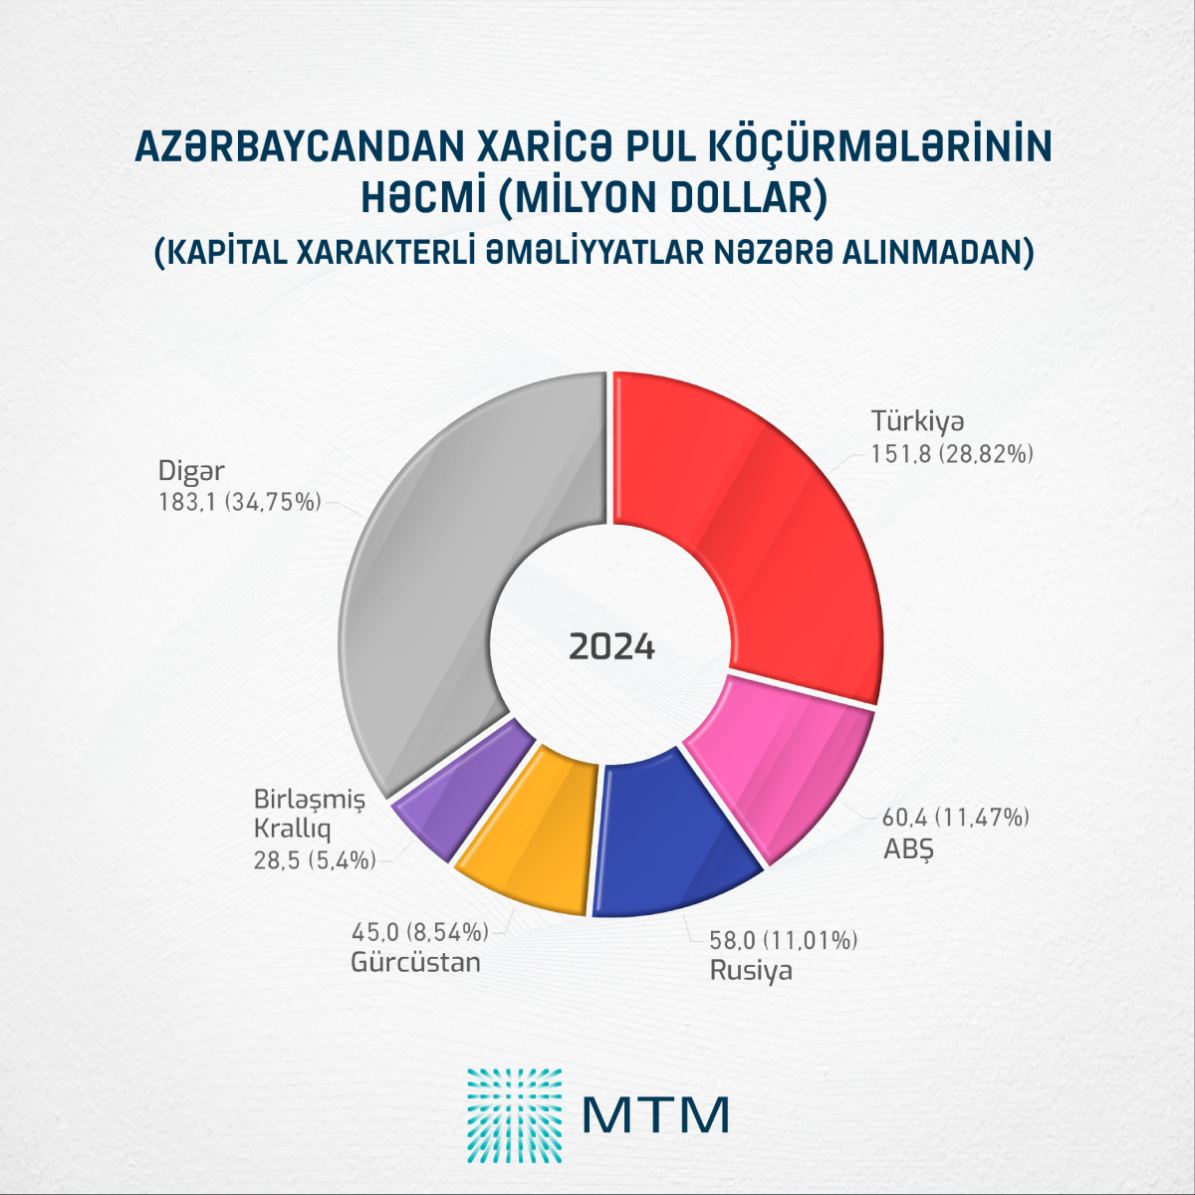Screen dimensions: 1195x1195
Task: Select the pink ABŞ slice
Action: click(x=787, y=767)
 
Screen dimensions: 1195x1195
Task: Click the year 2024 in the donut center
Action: click(x=611, y=647)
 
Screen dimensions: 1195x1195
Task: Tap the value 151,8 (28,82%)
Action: click(x=952, y=454)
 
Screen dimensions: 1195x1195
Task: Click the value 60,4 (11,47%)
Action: click(x=955, y=819)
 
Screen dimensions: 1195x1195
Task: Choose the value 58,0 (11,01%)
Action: click(x=783, y=939)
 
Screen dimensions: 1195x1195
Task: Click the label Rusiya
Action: click(x=750, y=970)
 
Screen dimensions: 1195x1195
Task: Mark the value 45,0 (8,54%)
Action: click(x=419, y=932)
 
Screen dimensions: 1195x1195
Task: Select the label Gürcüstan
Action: click(x=415, y=963)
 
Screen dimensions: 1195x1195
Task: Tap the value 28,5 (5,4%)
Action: click(x=315, y=860)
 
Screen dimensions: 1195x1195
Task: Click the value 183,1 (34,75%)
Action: click(x=239, y=503)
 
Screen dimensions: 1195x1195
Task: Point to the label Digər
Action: click(x=191, y=470)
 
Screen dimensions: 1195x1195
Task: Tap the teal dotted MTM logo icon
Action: click(x=514, y=1116)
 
